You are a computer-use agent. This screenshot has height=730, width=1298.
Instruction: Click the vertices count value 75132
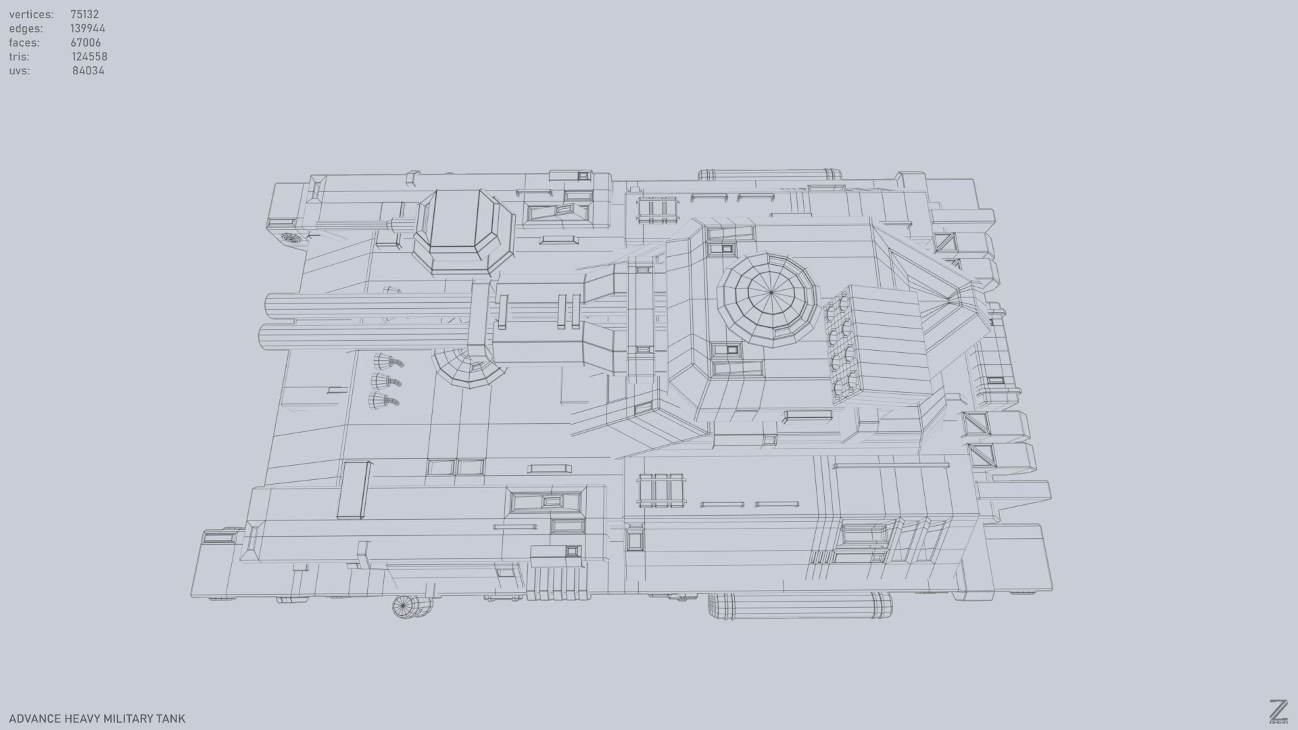click(85, 14)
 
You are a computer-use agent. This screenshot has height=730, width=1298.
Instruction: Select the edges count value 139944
click(87, 28)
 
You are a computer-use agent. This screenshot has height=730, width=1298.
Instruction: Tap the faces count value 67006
click(85, 43)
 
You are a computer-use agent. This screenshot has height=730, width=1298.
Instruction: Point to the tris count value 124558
click(89, 57)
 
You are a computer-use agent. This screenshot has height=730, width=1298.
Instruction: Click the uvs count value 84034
click(88, 71)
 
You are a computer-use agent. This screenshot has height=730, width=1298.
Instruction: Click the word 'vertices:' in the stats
click(31, 14)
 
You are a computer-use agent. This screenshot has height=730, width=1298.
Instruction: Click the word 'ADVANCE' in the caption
click(34, 719)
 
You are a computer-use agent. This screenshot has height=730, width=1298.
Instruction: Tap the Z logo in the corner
click(1278, 712)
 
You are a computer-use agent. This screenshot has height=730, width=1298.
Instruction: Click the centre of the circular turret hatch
click(771, 293)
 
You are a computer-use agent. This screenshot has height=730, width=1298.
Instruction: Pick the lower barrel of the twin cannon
click(365, 335)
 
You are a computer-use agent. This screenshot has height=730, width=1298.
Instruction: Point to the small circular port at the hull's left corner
click(290, 238)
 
